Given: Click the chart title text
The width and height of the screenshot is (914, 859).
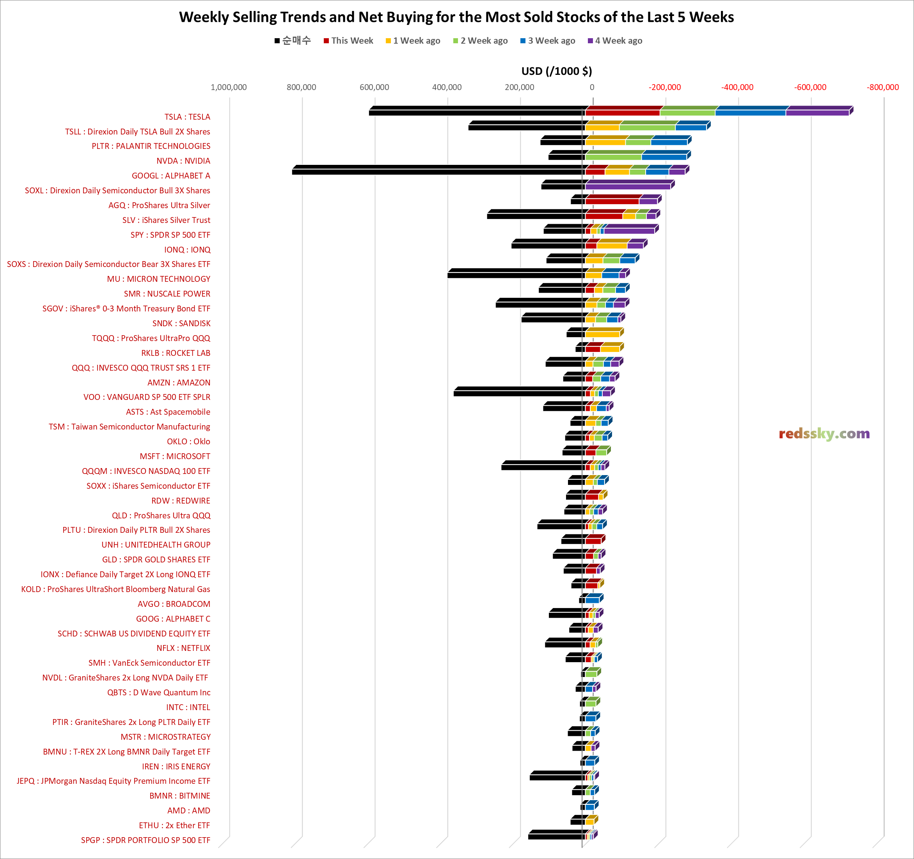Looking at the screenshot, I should (456, 17).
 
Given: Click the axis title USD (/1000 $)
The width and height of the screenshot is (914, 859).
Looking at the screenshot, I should (556, 71).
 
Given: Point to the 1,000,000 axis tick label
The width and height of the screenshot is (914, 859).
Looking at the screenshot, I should (229, 87).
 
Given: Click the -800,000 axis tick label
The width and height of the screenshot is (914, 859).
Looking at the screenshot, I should (882, 87).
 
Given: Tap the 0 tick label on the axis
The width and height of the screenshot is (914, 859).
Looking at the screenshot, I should (592, 87).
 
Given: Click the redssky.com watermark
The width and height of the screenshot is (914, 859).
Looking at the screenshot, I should (824, 434).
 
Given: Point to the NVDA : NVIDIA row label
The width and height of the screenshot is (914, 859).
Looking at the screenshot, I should (183, 161).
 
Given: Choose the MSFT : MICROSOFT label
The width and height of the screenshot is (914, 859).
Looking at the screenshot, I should (175, 456).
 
